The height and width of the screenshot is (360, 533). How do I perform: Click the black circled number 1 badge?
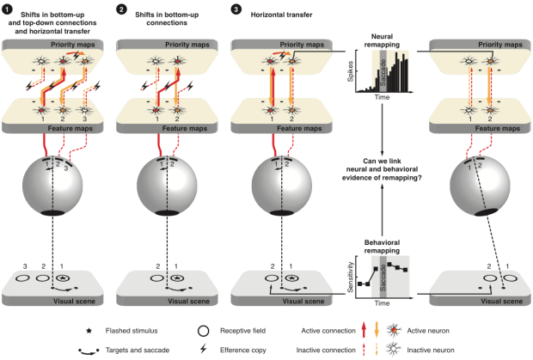[x=7, y=9]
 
